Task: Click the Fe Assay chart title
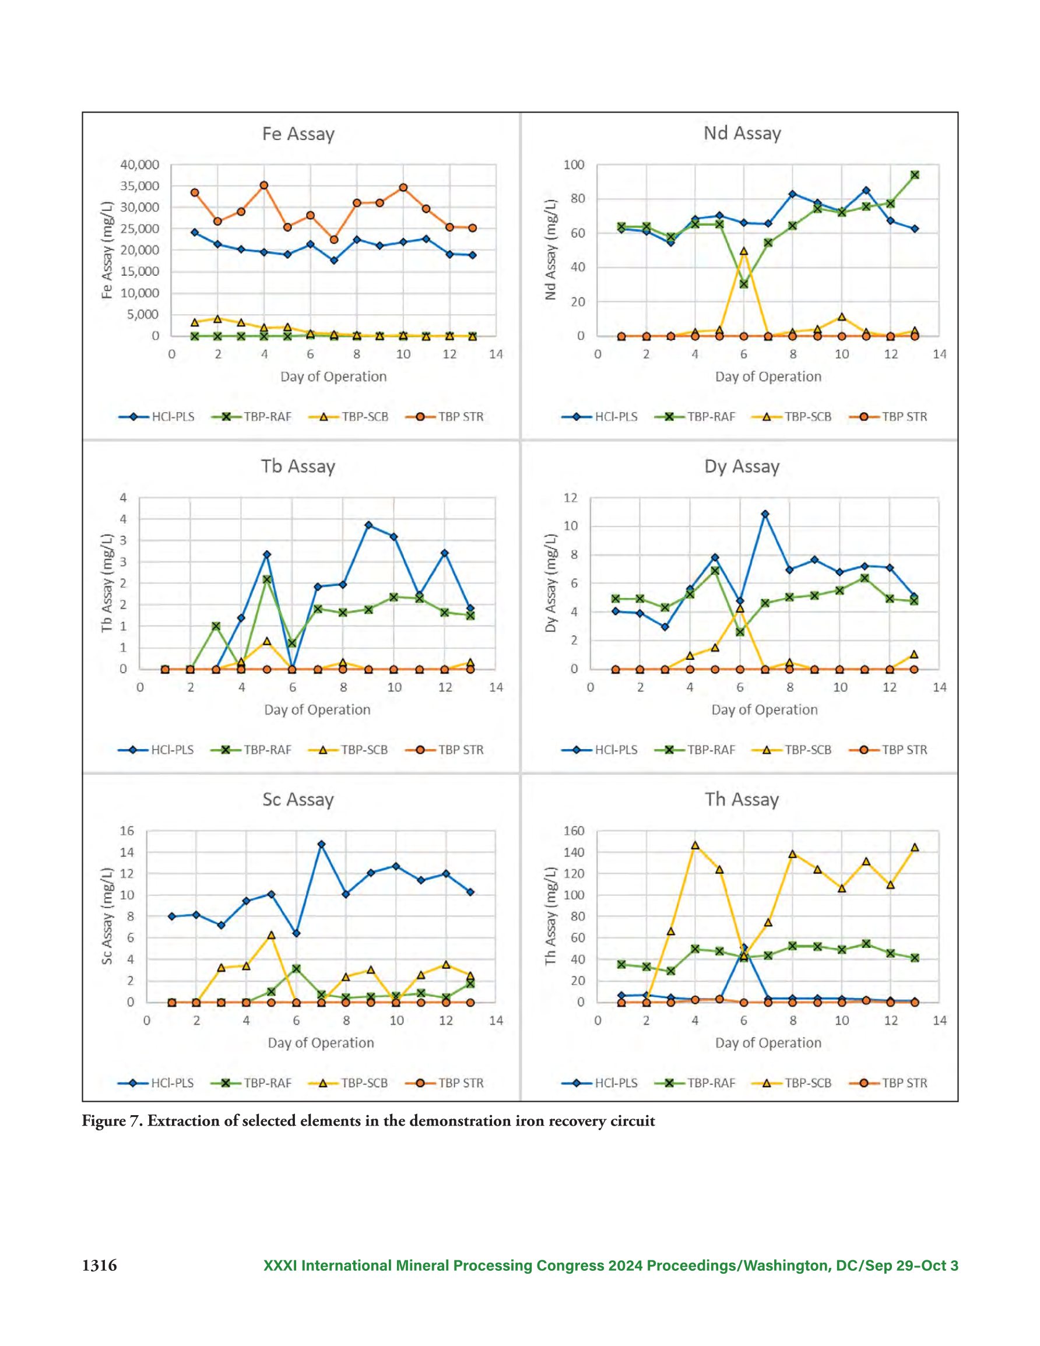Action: pos(298,133)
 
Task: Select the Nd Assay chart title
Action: pos(742,133)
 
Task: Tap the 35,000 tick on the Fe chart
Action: pos(140,186)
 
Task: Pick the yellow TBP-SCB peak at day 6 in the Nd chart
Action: pos(744,251)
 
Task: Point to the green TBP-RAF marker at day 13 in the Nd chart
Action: pos(915,175)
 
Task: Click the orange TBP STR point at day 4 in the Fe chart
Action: pos(264,185)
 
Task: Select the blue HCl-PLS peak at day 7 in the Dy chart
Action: pos(765,514)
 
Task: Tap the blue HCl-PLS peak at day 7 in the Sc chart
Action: pos(321,844)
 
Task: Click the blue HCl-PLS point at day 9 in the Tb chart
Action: pos(368,525)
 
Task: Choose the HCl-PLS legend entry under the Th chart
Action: pos(599,1083)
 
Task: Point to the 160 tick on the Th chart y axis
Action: pos(574,831)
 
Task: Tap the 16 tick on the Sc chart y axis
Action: pos(127,831)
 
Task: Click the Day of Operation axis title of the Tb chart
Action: pos(318,709)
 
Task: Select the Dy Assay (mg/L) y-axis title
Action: pos(550,582)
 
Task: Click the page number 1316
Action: pos(99,1266)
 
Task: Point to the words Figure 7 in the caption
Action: pos(113,1120)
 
